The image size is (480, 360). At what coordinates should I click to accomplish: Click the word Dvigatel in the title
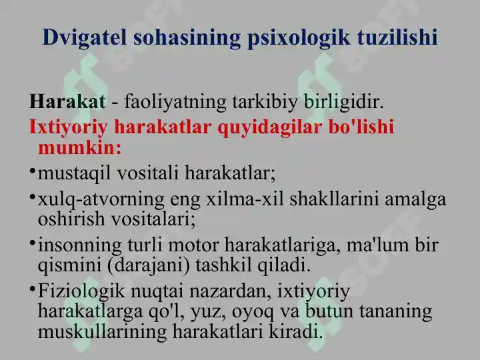[x=85, y=38]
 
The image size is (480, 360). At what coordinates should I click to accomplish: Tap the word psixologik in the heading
[x=299, y=38]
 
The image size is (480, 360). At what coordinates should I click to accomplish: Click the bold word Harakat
[x=67, y=101]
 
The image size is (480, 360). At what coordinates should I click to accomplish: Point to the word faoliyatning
[x=175, y=103]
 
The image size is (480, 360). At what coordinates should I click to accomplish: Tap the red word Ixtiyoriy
[x=68, y=127]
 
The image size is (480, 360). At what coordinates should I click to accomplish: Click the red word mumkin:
[x=80, y=148]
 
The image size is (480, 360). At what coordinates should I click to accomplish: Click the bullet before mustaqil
[x=32, y=170]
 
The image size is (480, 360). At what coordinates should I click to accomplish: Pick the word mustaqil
[x=74, y=173]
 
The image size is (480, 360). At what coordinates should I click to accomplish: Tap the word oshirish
[x=71, y=219]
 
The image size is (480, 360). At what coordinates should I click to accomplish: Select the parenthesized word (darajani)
[x=149, y=265]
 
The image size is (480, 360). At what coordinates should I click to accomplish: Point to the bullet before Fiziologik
[x=32, y=288]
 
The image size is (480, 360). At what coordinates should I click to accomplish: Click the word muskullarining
[x=102, y=332]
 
